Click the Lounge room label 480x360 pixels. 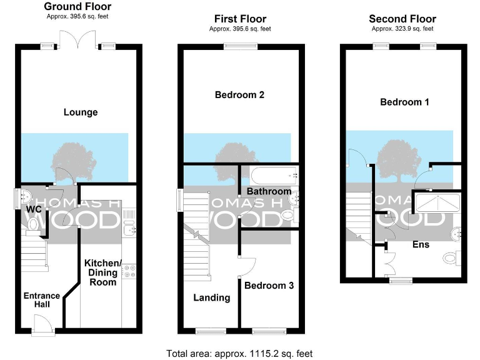pyautogui.click(x=81, y=112)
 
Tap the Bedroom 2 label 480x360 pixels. pyautogui.click(x=239, y=95)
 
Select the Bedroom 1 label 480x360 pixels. pyautogui.click(x=404, y=102)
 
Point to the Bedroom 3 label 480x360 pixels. pyautogui.click(x=269, y=286)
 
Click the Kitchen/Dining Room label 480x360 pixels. pyautogui.click(x=101, y=272)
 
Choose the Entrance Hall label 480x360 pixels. pyautogui.click(x=42, y=301)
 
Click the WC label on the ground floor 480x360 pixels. pyautogui.click(x=34, y=209)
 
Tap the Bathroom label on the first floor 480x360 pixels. pyautogui.click(x=269, y=191)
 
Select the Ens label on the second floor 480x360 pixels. pyautogui.click(x=421, y=244)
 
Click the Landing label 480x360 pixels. pyautogui.click(x=211, y=297)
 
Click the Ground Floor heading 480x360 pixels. pyautogui.click(x=77, y=7)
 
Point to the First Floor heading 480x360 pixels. pyautogui.click(x=240, y=19)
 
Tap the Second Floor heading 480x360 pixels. pyautogui.click(x=402, y=19)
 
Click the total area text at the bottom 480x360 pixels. pyautogui.click(x=239, y=353)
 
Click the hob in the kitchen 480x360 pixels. pyautogui.click(x=130, y=271)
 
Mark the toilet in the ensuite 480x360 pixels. pyautogui.click(x=451, y=257)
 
